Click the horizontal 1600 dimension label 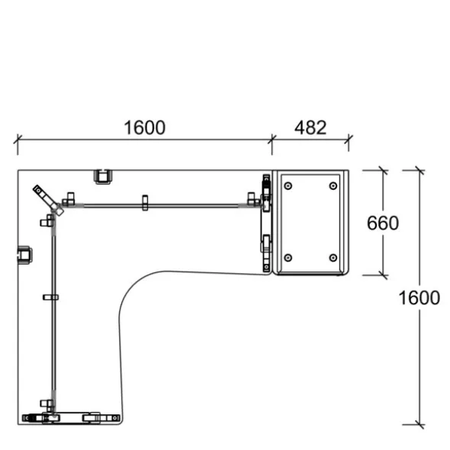(144, 127)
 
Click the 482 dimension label (310, 127)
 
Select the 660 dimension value (383, 223)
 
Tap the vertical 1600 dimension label (419, 297)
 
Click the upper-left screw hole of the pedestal (288, 186)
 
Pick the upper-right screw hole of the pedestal (333, 186)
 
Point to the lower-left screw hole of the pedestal (288, 258)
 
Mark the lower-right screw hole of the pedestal (333, 258)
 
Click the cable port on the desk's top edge (102, 176)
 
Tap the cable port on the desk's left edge (24, 255)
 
